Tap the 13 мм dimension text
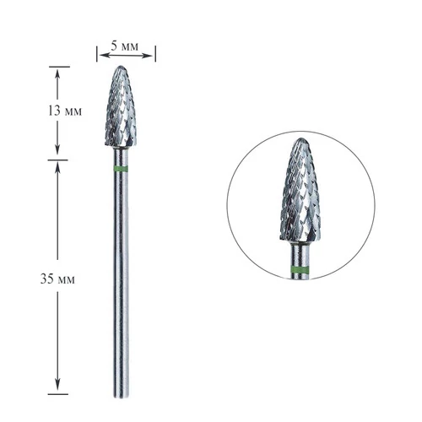(x=65, y=111)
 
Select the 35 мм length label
(x=57, y=279)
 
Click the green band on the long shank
(x=121, y=169)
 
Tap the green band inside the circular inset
(x=300, y=269)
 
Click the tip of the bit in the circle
(x=301, y=138)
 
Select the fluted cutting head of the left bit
(x=121, y=106)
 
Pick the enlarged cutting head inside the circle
(x=300, y=190)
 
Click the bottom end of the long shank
(x=122, y=398)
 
